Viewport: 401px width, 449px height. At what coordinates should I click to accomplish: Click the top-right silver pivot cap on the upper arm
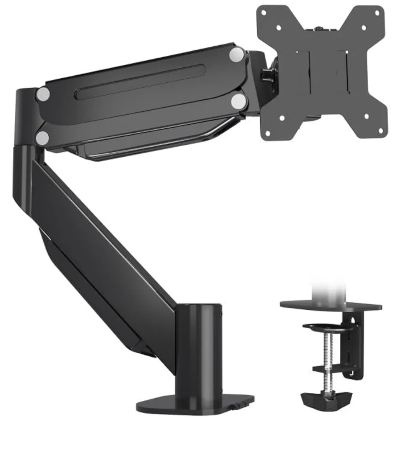pos(237,54)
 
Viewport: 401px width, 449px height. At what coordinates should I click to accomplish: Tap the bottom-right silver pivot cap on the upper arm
pos(239,101)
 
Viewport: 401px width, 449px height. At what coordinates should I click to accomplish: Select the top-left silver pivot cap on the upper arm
pos(43,94)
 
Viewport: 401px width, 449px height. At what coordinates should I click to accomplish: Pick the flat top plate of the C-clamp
pos(331,306)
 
